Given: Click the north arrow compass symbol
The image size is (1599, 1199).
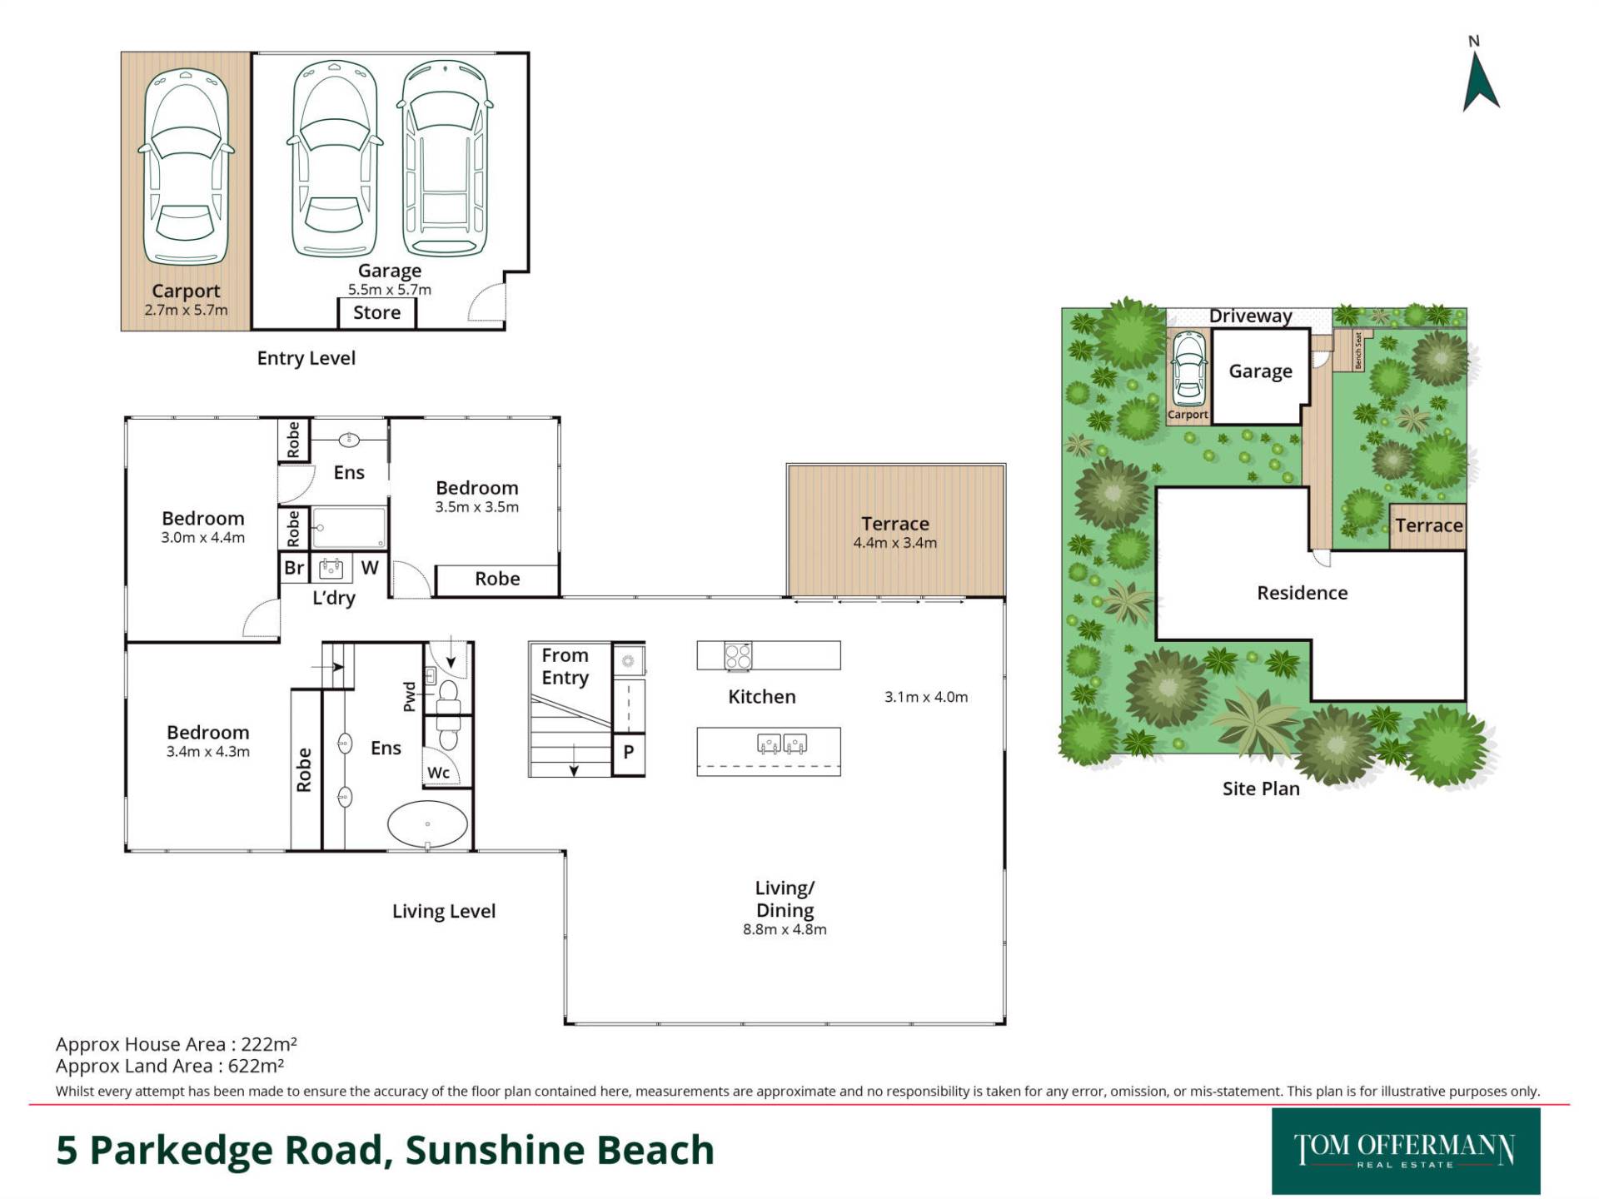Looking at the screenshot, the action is tap(1481, 82).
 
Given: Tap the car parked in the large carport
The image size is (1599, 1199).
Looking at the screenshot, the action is tap(186, 166).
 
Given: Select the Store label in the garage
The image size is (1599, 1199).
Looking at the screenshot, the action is tap(376, 313).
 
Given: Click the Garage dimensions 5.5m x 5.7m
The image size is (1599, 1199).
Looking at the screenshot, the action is tap(390, 290).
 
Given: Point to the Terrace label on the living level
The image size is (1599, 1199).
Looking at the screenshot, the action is tap(895, 524).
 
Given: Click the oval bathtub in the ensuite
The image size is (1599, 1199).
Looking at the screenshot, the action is tap(427, 824).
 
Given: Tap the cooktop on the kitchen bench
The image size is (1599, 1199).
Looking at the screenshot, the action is tap(738, 655).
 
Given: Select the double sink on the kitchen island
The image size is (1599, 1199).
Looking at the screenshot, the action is tap(782, 743).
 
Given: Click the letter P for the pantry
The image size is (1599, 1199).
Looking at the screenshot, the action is tap(629, 752).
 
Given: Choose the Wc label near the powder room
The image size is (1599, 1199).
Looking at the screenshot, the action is tap(439, 773).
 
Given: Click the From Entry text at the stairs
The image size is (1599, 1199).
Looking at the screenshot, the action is tap(565, 667).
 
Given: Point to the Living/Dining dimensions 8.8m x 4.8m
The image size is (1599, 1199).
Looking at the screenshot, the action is tap(785, 930).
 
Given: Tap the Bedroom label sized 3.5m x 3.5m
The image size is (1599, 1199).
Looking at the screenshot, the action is tap(477, 488).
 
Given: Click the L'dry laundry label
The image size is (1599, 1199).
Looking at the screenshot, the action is tap(334, 598).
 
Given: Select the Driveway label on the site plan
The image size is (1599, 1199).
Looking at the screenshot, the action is tap(1251, 316).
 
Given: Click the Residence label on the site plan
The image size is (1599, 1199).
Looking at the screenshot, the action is tap(1302, 593).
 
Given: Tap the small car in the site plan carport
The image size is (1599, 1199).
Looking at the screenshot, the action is tap(1188, 367).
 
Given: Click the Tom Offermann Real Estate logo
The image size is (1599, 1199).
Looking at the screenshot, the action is tap(1406, 1151).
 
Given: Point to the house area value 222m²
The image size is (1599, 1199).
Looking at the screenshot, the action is tap(269, 1044).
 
